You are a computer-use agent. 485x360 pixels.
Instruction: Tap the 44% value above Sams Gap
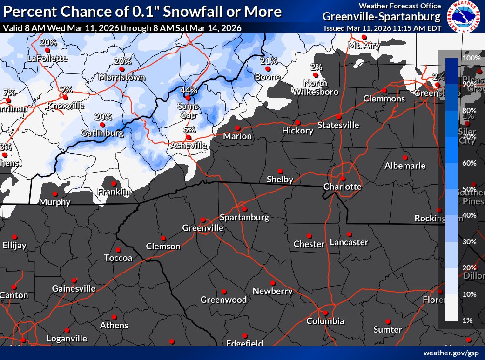point(189,90)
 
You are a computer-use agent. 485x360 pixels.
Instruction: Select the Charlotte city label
point(343,187)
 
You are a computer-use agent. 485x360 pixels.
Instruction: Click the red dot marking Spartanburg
point(244,209)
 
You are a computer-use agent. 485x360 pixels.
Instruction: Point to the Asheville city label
point(188,146)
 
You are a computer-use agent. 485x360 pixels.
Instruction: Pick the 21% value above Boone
point(269,61)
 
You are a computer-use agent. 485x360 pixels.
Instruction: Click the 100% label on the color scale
point(471,58)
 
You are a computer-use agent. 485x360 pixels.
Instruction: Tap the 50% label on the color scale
point(471,189)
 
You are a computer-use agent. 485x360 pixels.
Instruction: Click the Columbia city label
point(325,321)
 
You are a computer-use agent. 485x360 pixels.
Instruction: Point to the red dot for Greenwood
point(224,292)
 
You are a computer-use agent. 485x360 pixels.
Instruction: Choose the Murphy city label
point(55,202)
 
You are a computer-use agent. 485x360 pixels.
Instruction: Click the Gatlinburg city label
point(102,133)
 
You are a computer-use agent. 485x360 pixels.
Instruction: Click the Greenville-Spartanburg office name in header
point(381,17)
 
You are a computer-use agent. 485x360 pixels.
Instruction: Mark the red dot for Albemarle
point(405,157)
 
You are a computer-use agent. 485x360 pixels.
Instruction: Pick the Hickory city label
point(297,131)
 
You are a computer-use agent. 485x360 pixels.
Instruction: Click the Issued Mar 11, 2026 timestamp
point(382,28)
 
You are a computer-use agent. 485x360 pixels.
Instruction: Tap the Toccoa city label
point(118,258)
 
